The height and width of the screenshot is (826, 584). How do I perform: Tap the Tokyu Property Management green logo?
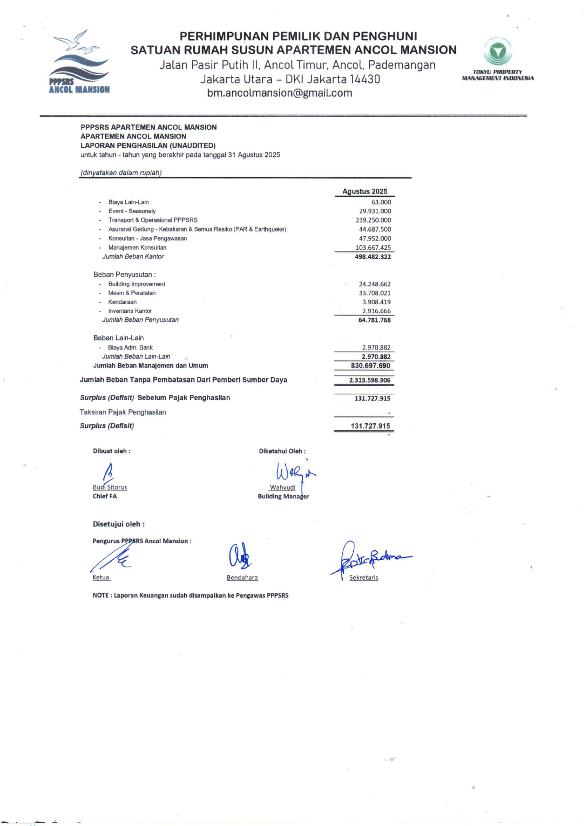[x=498, y=52]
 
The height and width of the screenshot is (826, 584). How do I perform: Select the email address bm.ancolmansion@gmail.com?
[x=279, y=93]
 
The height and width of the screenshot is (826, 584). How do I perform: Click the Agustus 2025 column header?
[x=365, y=191]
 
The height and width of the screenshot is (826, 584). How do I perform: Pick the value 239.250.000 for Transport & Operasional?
[x=373, y=220]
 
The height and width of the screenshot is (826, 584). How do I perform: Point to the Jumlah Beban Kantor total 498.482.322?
[x=373, y=257]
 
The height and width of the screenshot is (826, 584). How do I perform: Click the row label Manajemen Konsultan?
[x=137, y=247]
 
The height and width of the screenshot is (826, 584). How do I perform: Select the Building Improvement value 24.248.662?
[x=374, y=284]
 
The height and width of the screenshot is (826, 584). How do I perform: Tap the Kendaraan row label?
[x=122, y=302]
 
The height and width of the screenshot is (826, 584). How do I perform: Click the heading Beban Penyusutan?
[x=124, y=275]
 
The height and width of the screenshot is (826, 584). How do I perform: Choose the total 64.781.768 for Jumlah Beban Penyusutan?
[x=374, y=320]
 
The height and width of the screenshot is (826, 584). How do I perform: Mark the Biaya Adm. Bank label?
[x=130, y=347]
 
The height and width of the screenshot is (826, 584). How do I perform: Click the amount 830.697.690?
[x=370, y=366]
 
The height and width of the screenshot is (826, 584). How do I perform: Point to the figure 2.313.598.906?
[x=369, y=380]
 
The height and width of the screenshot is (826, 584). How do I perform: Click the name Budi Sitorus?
[x=110, y=487]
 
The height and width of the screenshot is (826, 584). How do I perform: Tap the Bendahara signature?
[x=240, y=556]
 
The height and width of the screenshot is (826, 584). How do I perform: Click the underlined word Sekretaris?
[x=364, y=578]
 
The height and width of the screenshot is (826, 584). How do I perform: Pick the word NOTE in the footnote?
[x=100, y=596]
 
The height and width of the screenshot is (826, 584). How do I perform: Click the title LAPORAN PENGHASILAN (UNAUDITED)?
[x=148, y=146]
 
